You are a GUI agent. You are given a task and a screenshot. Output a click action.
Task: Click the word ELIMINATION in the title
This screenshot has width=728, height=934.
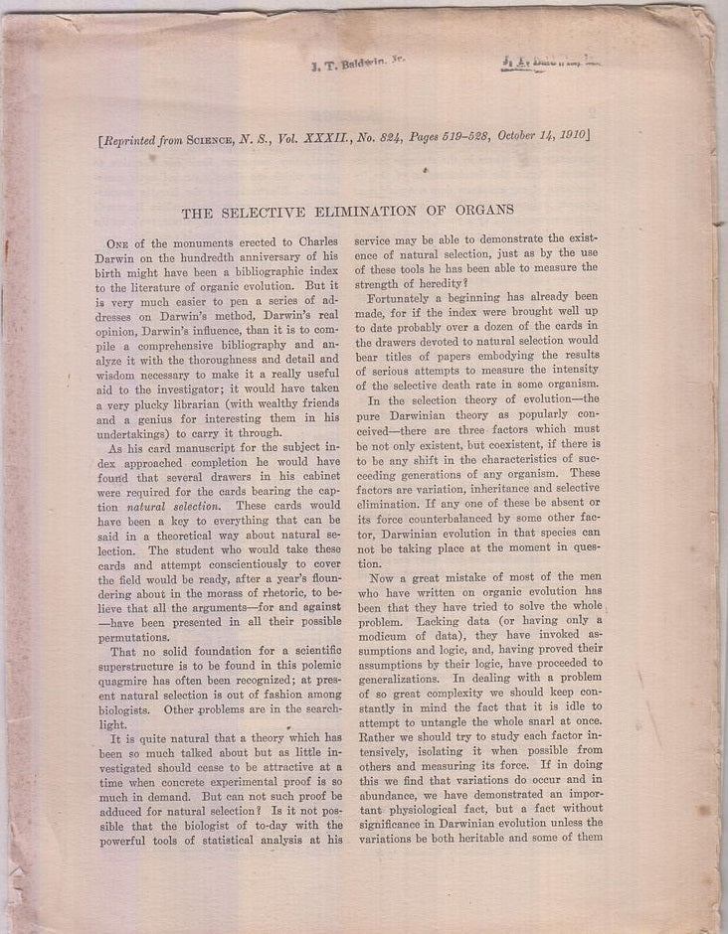pos(370,210)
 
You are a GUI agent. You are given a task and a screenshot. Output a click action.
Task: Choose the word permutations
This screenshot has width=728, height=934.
pos(141,636)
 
